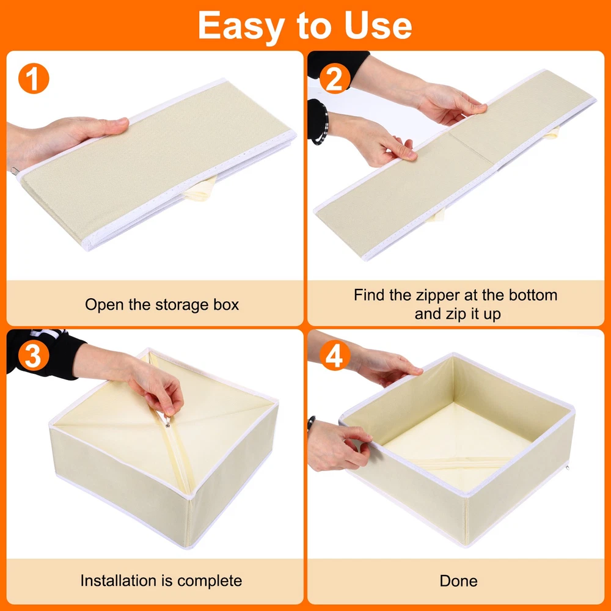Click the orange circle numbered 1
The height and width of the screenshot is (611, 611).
pos(34,78)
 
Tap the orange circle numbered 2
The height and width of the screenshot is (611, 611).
pos(334,79)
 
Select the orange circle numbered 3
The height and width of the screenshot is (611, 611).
pos(34,356)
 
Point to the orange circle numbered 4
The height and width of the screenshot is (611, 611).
pos(334,356)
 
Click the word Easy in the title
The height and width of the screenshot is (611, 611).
pos(241,26)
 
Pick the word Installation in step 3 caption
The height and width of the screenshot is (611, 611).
pos(119,580)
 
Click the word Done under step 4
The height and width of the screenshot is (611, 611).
pos(458,581)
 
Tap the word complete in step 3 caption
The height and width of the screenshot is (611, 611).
pos(209,581)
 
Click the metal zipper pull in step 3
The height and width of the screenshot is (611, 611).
pos(168,422)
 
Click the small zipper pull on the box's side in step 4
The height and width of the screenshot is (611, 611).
pos(568,467)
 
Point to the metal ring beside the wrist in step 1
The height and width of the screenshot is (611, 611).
pos(14,170)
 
